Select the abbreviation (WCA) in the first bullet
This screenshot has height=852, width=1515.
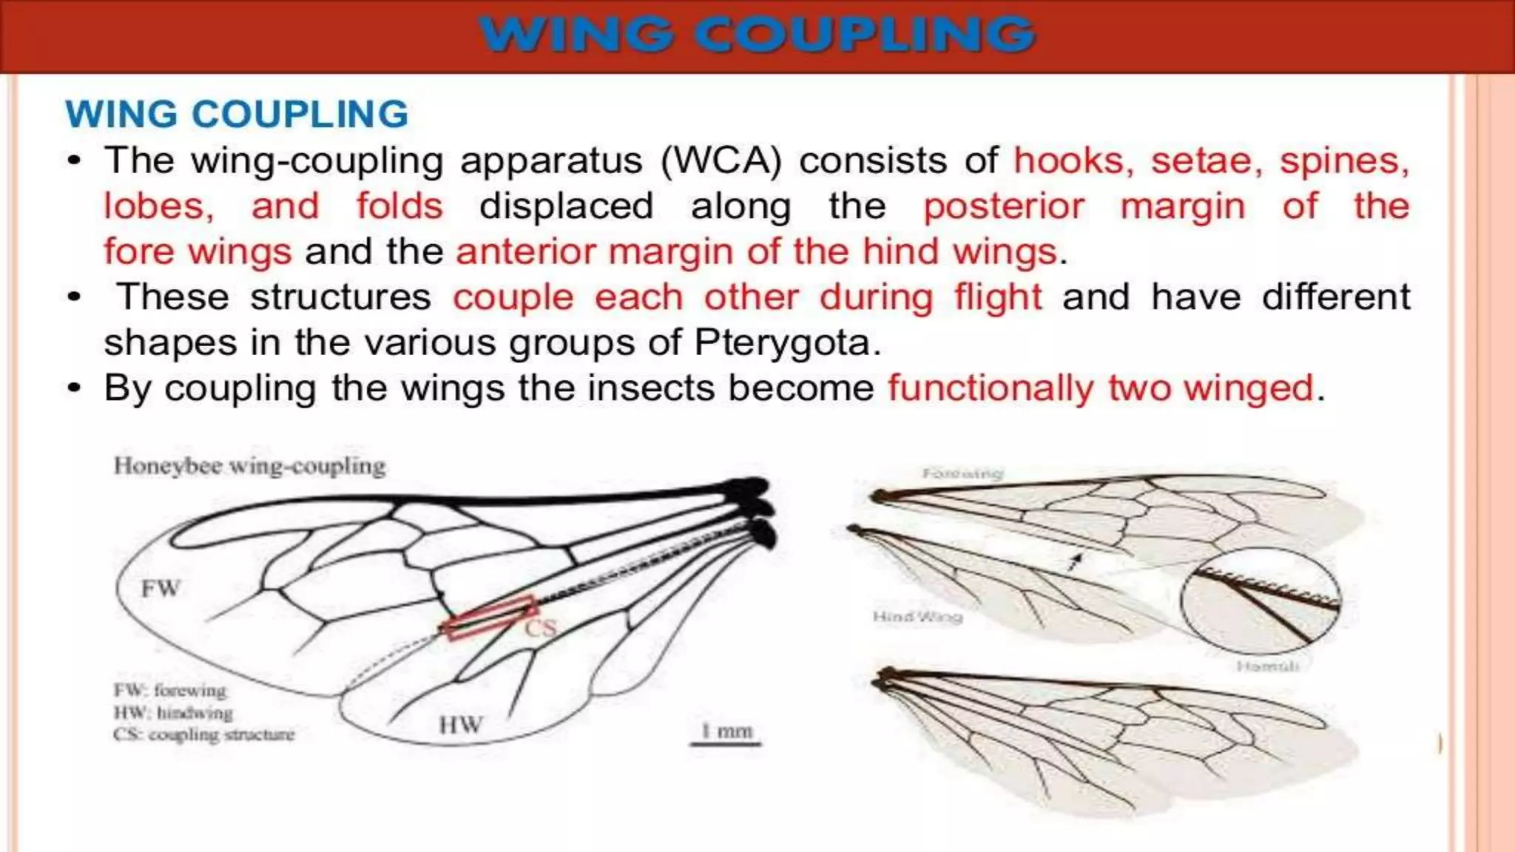[x=721, y=160]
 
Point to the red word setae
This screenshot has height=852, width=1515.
[x=1206, y=160]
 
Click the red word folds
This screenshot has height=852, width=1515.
[x=399, y=206]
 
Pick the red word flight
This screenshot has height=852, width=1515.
[x=997, y=297]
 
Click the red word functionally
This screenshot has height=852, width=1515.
[x=990, y=388]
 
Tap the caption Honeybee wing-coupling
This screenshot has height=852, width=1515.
[x=249, y=466]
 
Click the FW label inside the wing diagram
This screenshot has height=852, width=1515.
[x=161, y=589]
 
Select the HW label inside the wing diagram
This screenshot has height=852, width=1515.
[x=460, y=725]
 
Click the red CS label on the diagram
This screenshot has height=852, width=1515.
[x=541, y=629]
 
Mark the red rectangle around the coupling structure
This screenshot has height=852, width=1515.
[x=489, y=618]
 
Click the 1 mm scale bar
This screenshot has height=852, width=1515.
[x=725, y=743]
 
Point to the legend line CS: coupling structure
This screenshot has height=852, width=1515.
[x=203, y=734]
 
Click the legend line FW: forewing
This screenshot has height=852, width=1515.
[x=169, y=690]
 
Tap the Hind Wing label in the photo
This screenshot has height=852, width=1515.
[x=917, y=616]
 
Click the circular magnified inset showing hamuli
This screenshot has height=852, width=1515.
[x=1261, y=601]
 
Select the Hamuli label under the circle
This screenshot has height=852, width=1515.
[x=1267, y=666]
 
